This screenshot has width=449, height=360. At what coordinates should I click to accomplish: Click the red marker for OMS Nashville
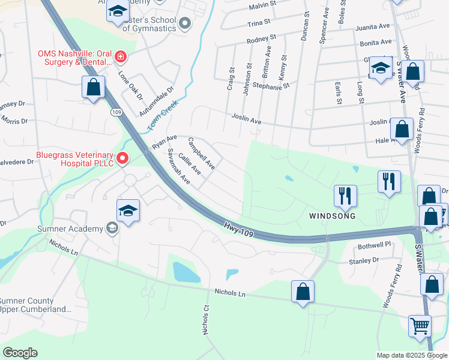(121, 57)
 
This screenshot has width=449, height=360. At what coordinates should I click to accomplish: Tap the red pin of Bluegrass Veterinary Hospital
(122, 158)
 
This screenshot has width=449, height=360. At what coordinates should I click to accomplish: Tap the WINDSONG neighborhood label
(332, 215)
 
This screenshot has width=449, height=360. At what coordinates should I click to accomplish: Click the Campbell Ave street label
(202, 154)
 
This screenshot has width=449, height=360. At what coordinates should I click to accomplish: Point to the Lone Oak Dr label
(130, 86)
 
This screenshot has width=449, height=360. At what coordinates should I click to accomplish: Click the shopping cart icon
(420, 326)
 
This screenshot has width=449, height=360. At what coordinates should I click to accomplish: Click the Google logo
(20, 353)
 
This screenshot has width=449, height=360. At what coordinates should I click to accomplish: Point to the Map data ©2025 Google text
(411, 355)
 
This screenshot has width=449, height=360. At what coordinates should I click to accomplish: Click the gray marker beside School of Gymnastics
(185, 23)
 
